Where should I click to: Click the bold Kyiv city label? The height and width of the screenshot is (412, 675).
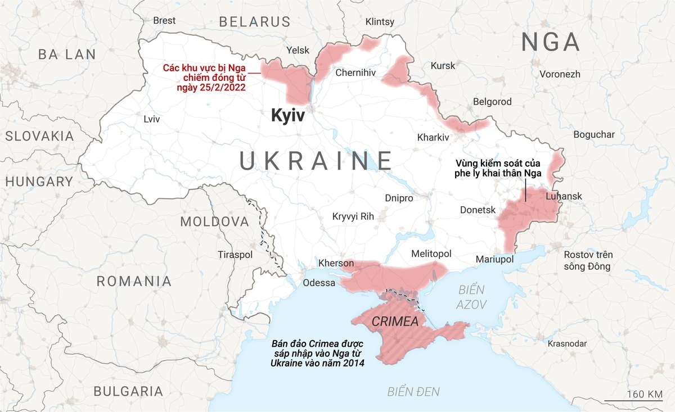click(x=287, y=116)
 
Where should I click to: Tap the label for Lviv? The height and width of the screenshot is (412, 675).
click(x=152, y=119)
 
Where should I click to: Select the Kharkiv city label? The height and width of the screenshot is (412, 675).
click(x=433, y=137)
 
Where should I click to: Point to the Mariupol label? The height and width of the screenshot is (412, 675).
click(x=495, y=259)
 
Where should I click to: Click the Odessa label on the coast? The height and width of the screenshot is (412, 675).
click(x=319, y=283)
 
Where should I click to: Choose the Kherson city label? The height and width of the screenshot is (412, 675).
click(x=336, y=263)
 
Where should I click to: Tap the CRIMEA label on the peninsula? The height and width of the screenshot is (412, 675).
click(x=395, y=322)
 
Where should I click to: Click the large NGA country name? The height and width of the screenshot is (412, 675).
click(x=550, y=42)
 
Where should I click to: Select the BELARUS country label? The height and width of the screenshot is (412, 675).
click(x=254, y=22)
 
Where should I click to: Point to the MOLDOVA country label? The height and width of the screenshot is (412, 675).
click(x=214, y=221)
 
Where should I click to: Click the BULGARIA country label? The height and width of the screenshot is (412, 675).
click(x=128, y=391)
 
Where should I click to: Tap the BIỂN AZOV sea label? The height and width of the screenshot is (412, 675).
click(x=471, y=297)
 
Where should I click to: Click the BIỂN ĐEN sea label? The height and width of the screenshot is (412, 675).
click(x=413, y=392)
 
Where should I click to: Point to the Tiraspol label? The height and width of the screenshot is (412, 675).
click(x=235, y=255)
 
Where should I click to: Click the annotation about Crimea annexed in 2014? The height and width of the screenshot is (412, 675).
click(x=317, y=354)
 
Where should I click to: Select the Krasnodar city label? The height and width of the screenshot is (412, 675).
click(x=567, y=343)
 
